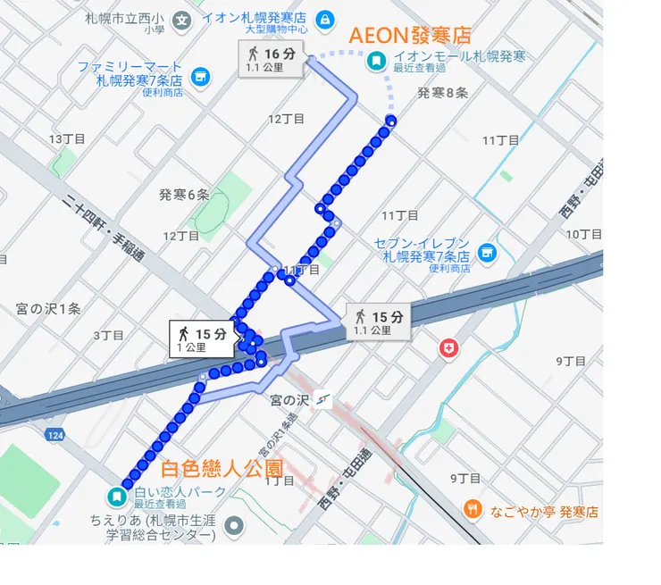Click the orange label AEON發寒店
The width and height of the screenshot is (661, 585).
[409, 36]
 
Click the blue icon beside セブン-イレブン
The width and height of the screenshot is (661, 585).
[486, 254]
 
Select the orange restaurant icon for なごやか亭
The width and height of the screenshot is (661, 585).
[473, 510]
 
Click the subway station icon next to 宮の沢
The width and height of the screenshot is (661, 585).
[322, 403]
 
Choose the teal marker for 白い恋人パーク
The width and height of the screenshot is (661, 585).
[116, 496]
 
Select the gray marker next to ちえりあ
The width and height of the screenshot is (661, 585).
[235, 524]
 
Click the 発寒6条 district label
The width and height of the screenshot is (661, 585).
[184, 195]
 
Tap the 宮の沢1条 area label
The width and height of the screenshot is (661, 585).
[48, 308]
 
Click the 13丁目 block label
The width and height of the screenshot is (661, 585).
[67, 138]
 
